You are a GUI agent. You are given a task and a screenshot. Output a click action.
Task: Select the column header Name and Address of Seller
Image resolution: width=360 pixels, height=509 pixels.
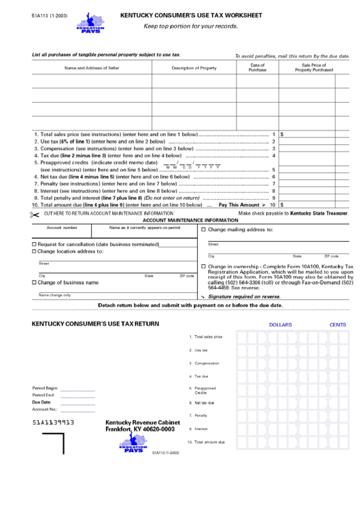pos(92,68)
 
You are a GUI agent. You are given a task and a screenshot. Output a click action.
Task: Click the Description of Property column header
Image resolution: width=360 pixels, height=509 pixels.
pos(194,68)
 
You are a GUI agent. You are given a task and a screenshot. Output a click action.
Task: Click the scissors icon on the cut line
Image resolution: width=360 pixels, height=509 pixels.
pos(35,215)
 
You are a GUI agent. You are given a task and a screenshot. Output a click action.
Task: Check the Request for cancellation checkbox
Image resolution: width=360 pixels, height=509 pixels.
pos(35,244)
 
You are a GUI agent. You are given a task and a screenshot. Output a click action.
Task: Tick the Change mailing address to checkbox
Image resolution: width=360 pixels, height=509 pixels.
pos(204,230)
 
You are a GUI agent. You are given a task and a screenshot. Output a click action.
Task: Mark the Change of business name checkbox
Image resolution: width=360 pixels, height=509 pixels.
pos(35,283)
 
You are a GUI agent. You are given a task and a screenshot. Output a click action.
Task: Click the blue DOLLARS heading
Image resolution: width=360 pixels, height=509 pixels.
pos(280,325)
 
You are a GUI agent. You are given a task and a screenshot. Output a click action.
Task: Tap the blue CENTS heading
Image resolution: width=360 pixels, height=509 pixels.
pos(338,325)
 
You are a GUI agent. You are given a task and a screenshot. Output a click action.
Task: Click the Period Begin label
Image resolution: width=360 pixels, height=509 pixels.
pos(45,388)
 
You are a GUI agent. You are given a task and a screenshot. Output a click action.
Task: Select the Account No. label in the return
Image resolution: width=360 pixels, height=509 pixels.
pos(45,409)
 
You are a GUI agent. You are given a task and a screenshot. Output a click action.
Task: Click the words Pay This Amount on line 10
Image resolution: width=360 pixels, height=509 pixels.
pos(238,205)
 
